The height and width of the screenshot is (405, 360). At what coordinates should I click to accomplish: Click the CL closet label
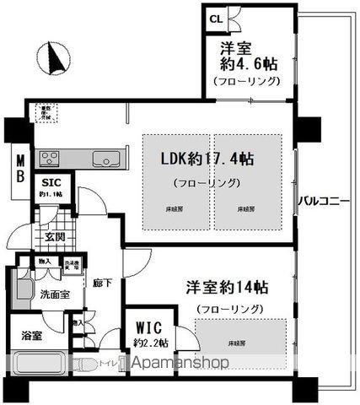[x=216, y=19]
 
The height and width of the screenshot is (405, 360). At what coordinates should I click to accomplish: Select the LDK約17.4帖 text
[x=209, y=159]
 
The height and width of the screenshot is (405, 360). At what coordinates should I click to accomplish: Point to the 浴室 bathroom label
[x=31, y=337]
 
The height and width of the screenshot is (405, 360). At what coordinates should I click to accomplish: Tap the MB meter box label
[x=17, y=165]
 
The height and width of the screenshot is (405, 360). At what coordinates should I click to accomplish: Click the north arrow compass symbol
[x=56, y=57]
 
